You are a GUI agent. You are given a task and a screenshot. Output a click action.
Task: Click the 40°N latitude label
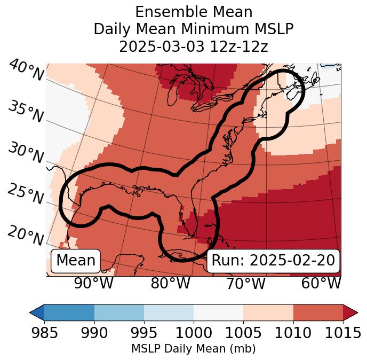click(26, 71)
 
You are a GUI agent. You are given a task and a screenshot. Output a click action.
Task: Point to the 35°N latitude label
click(25, 112)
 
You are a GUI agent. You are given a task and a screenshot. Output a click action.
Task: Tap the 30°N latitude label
click(25, 153)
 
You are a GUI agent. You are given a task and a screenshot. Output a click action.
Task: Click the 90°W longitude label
click(93, 283)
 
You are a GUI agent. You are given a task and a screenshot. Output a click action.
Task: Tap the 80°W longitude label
click(170, 283)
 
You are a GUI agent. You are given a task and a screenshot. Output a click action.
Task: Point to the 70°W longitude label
click(245, 283)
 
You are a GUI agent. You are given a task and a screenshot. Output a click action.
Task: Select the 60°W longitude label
click(321, 283)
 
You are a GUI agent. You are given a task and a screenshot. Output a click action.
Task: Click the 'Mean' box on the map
click(76, 261)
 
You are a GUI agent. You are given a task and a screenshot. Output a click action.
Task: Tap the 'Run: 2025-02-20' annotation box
click(273, 261)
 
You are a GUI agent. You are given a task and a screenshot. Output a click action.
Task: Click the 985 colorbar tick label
click(44, 333)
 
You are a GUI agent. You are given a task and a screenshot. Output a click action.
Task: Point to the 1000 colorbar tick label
click(194, 333)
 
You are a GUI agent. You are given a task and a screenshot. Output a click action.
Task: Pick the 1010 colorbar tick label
click(293, 333)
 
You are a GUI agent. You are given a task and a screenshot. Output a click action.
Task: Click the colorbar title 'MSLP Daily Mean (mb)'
click(193, 349)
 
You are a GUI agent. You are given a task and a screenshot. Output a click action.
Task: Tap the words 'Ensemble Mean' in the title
click(194, 12)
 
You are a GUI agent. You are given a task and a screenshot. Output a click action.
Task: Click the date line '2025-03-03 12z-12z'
click(194, 46)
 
